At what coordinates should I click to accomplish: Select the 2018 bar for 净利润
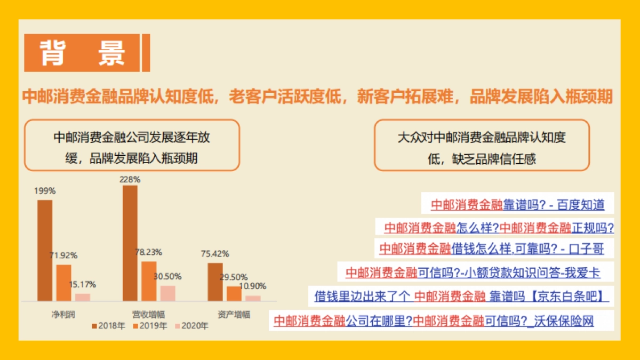click(x=45, y=250)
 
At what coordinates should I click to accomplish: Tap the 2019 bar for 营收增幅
click(x=149, y=281)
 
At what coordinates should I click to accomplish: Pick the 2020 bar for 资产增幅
click(x=253, y=298)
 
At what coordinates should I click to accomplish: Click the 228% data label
click(x=130, y=180)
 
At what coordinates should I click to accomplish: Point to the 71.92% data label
click(x=63, y=255)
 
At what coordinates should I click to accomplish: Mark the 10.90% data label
click(x=252, y=286)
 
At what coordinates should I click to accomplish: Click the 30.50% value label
click(x=167, y=276)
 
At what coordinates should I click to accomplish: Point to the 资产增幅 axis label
click(x=234, y=314)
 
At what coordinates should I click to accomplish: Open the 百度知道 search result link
click(x=517, y=204)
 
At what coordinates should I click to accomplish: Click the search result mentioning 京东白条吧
click(x=459, y=294)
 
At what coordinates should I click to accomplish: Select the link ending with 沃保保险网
click(x=434, y=321)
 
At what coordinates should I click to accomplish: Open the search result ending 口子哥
click(x=491, y=248)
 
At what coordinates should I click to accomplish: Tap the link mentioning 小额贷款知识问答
click(x=473, y=273)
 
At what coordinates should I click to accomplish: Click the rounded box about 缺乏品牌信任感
click(x=482, y=145)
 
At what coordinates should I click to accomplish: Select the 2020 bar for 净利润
click(x=83, y=297)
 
